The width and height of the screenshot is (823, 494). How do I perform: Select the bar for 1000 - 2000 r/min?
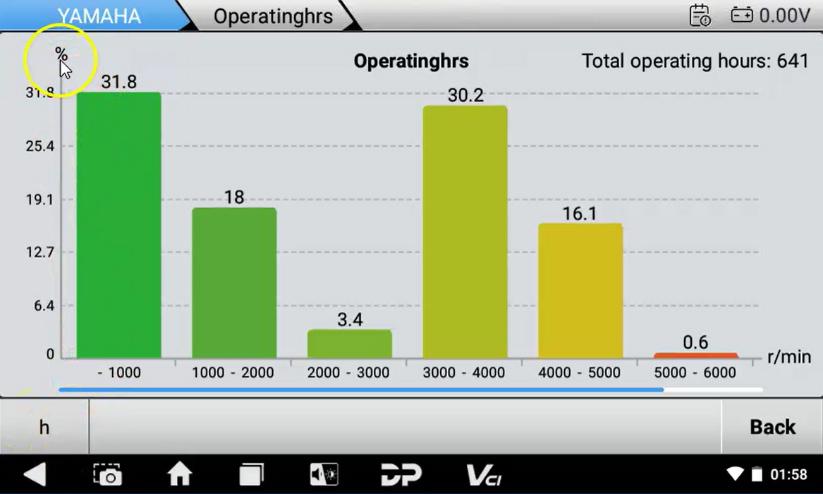coord(234,282)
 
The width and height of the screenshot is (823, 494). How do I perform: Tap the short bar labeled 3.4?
coord(349,344)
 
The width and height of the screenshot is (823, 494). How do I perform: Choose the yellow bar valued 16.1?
coord(580,290)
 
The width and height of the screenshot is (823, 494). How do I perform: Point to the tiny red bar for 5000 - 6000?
coord(695,356)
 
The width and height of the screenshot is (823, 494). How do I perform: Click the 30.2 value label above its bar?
coord(465,95)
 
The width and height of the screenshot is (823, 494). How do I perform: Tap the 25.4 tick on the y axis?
coord(40,147)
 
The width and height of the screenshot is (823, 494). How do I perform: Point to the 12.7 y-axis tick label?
coord(40,253)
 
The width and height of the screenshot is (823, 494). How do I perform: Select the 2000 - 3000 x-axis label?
coord(349,373)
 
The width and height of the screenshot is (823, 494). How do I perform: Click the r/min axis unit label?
coord(788,356)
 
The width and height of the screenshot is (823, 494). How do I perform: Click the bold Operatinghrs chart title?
coord(411,61)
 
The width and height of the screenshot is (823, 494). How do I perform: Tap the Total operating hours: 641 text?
coord(695,61)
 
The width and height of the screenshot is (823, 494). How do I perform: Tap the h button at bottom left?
coord(44,427)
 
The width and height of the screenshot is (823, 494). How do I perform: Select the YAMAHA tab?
coord(99,16)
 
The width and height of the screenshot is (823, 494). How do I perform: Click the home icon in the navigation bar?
coord(179,474)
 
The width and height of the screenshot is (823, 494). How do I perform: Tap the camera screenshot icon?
coord(108,474)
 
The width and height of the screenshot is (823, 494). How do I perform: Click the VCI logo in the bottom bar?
coord(484,474)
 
